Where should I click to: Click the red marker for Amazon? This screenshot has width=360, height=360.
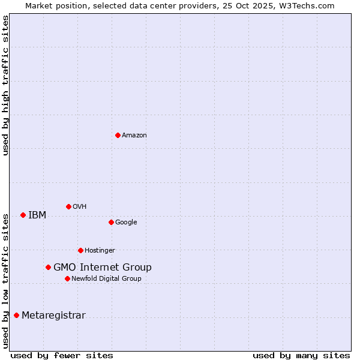pos(118,135)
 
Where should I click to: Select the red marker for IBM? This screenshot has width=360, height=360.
pos(23,215)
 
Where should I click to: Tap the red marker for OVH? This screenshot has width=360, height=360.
pos(68,206)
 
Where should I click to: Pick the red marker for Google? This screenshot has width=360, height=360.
pos(111,222)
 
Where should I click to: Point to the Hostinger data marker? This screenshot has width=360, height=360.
pos(80,250)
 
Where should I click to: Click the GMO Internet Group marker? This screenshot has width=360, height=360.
pos(48,267)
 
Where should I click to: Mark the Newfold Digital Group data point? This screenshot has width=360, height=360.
pos(67,278)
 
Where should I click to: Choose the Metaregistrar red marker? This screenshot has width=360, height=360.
pos(16,315)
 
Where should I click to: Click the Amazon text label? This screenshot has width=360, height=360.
pos(134,136)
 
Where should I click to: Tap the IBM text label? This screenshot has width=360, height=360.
pos(37,215)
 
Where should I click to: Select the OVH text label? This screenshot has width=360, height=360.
pos(80,207)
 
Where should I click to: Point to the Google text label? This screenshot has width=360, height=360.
pos(126,223)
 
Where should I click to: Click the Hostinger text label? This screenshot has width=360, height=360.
pos(100,251)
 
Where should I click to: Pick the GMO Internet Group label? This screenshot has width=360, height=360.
pos(103,268)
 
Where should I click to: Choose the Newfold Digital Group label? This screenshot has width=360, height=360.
pos(106,279)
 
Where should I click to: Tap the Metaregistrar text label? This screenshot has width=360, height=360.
pos(53,316)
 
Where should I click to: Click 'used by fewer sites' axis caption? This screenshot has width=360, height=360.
pos(62,356)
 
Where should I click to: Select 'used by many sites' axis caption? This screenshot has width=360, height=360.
pos(301,356)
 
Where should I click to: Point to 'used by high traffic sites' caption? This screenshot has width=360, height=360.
pos(5,85)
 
